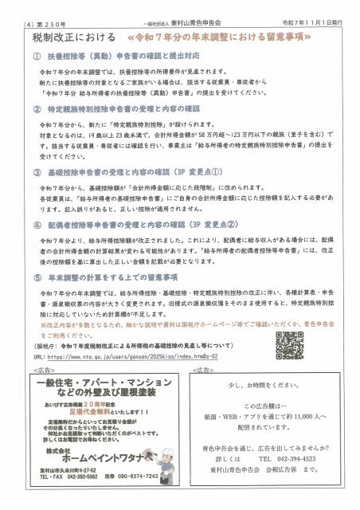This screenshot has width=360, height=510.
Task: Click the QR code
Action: [x=289, y=344]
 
